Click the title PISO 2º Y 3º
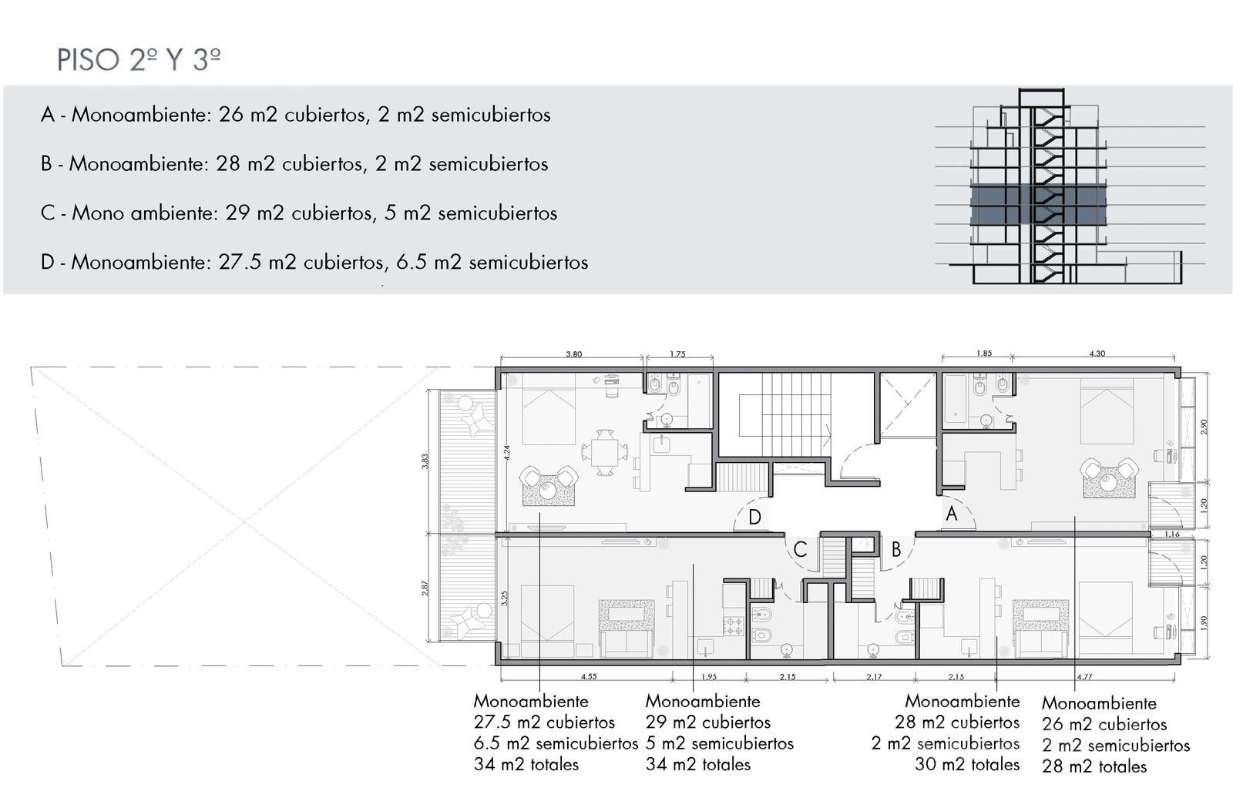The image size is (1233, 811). tap(139, 60)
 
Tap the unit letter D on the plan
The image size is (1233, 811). tap(754, 518)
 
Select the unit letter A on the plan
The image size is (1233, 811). tap(952, 514)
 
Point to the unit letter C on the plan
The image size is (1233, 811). tap(801, 549)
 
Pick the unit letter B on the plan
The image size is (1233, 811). tap(896, 549)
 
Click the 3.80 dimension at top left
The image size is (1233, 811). tap(573, 354)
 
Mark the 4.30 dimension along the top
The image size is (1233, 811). tap(1097, 354)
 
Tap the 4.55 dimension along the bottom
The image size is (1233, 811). tap(589, 677)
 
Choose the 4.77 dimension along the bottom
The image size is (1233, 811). tap(1083, 677)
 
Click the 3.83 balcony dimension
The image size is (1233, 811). tap(425, 461)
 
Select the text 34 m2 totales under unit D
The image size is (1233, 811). tap(526, 764)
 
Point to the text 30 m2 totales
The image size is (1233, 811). tap(967, 764)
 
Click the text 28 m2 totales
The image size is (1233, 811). tap(1094, 766)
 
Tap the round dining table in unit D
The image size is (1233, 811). tap(605, 452)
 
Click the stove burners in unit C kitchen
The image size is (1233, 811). tap(734, 626)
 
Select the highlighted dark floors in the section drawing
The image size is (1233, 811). tap(1038, 205)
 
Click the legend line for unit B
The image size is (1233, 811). tap(294, 164)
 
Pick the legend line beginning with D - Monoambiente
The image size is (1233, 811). tap(314, 262)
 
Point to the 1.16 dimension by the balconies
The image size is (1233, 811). tap(1172, 534)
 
